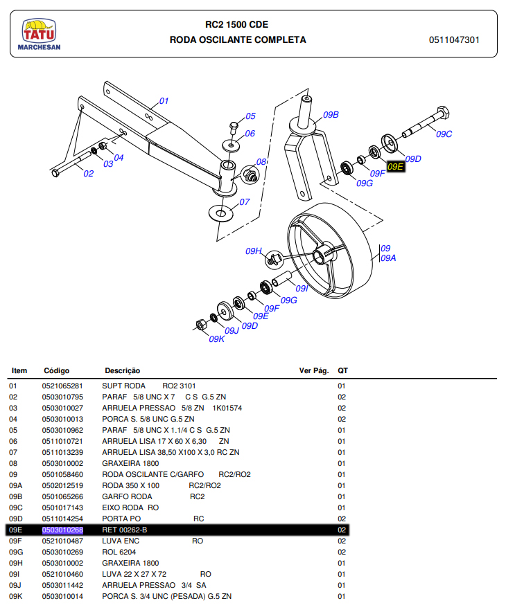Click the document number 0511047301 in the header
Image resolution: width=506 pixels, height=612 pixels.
[x=454, y=40]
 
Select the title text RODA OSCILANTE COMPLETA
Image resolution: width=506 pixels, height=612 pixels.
[x=238, y=40]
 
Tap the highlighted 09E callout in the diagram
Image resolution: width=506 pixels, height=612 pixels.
[x=396, y=166]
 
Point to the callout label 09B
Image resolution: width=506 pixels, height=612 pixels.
[x=331, y=115]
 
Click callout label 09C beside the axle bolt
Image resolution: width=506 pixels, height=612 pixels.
[x=444, y=134]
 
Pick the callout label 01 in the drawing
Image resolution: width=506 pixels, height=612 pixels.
[x=164, y=101]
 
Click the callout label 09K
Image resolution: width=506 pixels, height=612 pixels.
[x=216, y=339]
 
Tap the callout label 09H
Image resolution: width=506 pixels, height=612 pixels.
[x=254, y=251]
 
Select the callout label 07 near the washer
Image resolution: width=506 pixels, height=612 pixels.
[x=244, y=202]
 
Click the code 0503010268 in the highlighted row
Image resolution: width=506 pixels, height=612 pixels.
[x=62, y=530]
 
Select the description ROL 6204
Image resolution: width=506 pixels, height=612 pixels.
[x=119, y=552]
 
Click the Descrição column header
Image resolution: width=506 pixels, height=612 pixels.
[x=122, y=371]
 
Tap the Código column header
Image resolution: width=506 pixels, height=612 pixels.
[x=57, y=371]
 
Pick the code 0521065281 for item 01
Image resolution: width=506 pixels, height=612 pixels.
[x=62, y=386]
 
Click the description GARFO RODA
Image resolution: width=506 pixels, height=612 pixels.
[x=127, y=496]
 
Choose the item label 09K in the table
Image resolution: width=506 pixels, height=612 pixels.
[x=16, y=596]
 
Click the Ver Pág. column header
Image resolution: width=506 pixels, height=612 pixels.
[x=313, y=371]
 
